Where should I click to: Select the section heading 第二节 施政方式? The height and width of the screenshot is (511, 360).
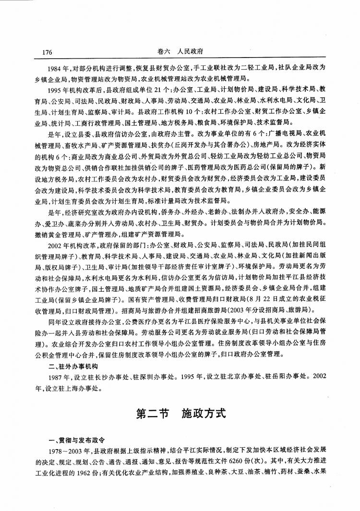click(180, 413)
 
